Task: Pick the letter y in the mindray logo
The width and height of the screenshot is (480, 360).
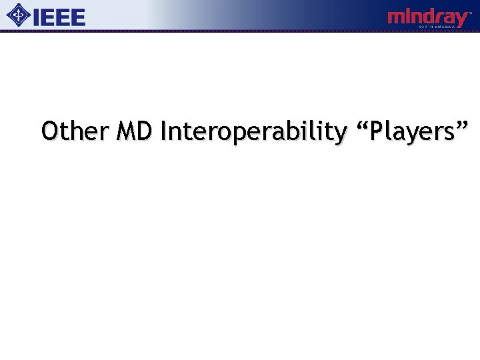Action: click(460, 19)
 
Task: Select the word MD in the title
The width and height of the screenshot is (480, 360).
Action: click(135, 131)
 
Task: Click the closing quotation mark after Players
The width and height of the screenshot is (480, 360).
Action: click(463, 124)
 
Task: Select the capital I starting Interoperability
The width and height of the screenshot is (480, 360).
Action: click(163, 131)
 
